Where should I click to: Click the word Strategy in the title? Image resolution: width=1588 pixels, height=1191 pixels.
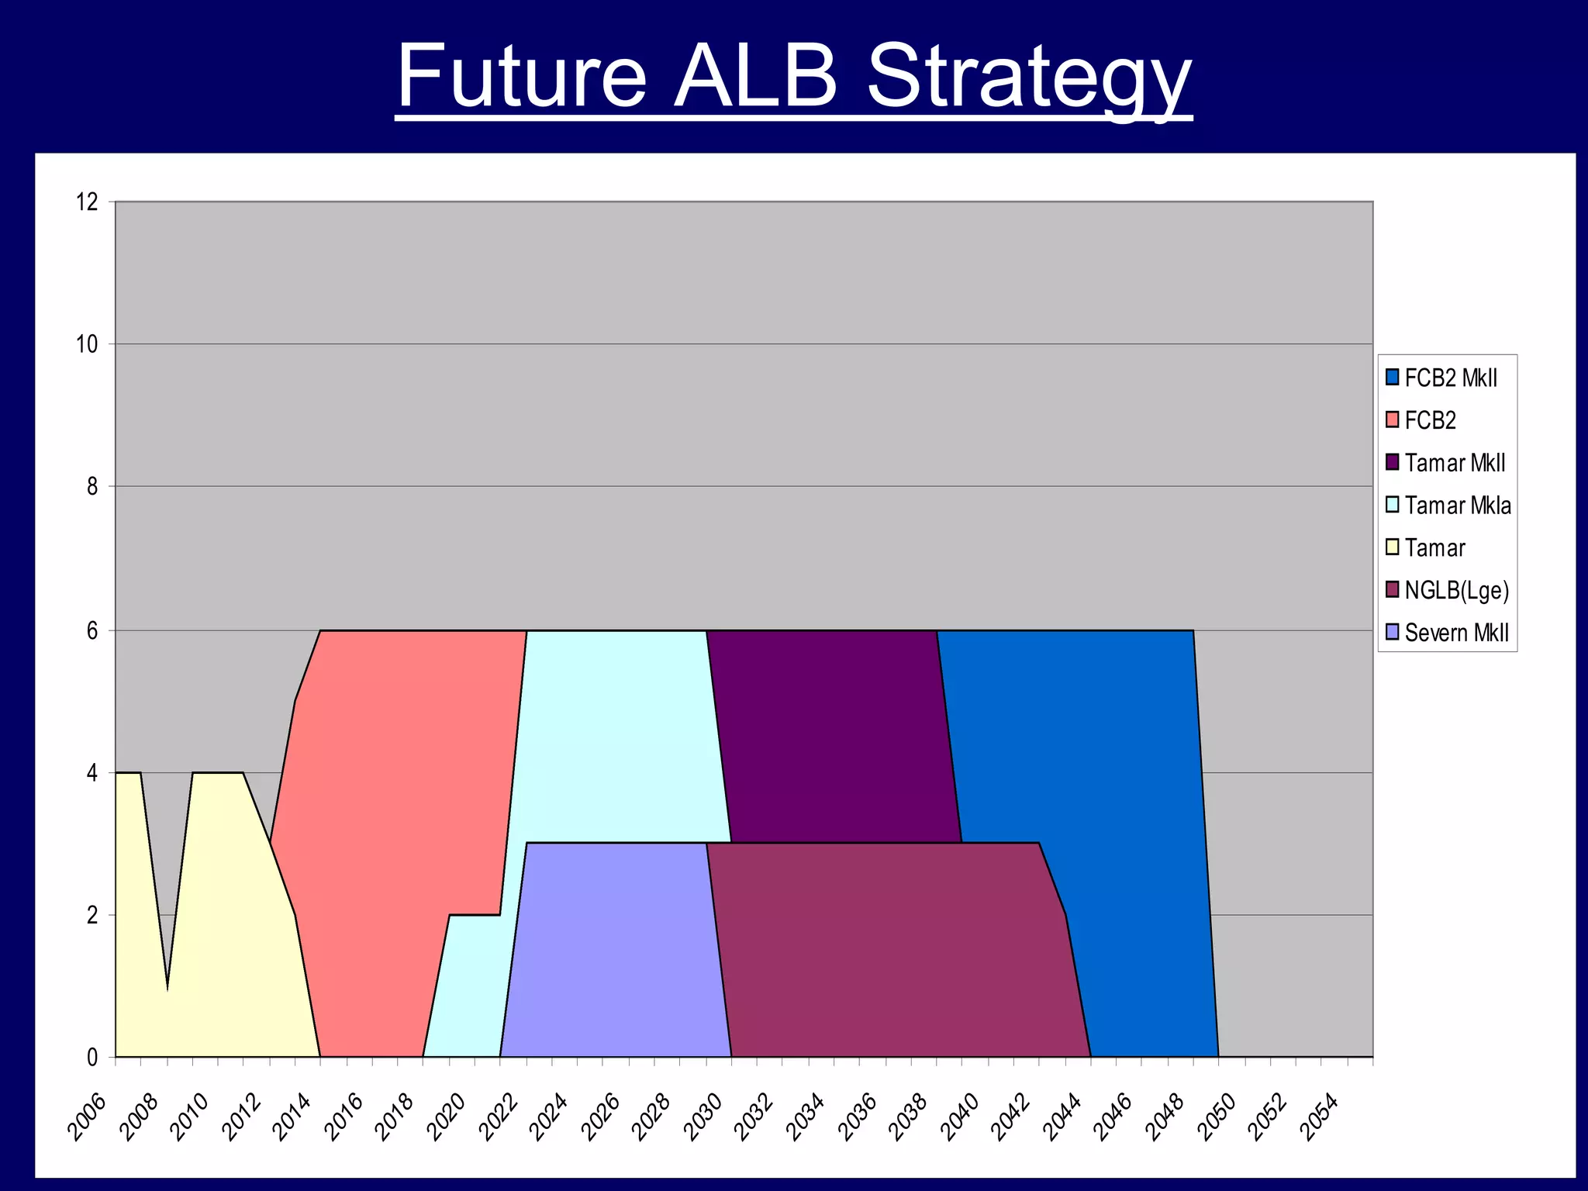click(x=1028, y=78)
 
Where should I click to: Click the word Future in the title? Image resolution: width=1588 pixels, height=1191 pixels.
click(x=521, y=78)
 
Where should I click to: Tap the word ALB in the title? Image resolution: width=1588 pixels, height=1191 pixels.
click(x=755, y=78)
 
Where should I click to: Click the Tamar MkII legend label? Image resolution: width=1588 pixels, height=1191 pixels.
click(x=1455, y=463)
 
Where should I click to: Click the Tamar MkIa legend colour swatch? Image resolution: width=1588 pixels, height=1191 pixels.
click(x=1393, y=505)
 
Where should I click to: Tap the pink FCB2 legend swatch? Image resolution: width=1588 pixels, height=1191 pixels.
click(x=1393, y=420)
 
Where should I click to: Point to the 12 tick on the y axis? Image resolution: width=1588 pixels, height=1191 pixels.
click(x=88, y=202)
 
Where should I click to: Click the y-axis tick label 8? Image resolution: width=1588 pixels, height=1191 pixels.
click(x=92, y=487)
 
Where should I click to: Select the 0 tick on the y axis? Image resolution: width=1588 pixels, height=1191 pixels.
click(x=92, y=1057)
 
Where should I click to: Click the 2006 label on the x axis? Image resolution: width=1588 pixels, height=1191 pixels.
click(x=86, y=1117)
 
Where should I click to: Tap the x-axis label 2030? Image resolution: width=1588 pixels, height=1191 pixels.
click(x=703, y=1117)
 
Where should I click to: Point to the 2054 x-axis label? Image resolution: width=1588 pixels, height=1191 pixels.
click(x=1319, y=1117)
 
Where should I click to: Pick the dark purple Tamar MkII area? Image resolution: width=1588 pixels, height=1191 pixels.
click(x=830, y=737)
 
